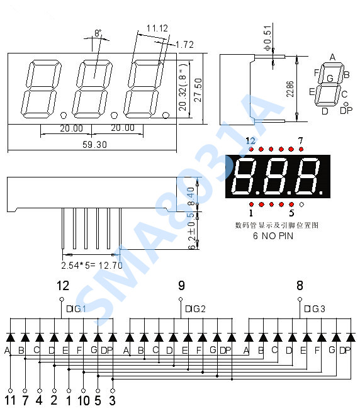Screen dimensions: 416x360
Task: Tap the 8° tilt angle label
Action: click(98, 32)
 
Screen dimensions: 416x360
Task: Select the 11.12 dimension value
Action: click(156, 28)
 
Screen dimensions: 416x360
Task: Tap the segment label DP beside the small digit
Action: click(346, 111)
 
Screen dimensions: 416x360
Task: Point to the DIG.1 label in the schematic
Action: click(76, 309)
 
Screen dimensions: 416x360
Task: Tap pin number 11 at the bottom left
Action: click(10, 400)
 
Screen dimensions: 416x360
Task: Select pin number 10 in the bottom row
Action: click(82, 400)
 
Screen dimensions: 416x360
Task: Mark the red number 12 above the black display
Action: click(251, 140)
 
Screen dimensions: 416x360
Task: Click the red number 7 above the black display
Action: click(301, 140)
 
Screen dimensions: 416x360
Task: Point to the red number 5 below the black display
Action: click(291, 213)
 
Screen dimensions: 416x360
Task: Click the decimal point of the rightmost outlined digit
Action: click(166, 115)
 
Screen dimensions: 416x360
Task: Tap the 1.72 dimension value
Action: click(184, 45)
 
